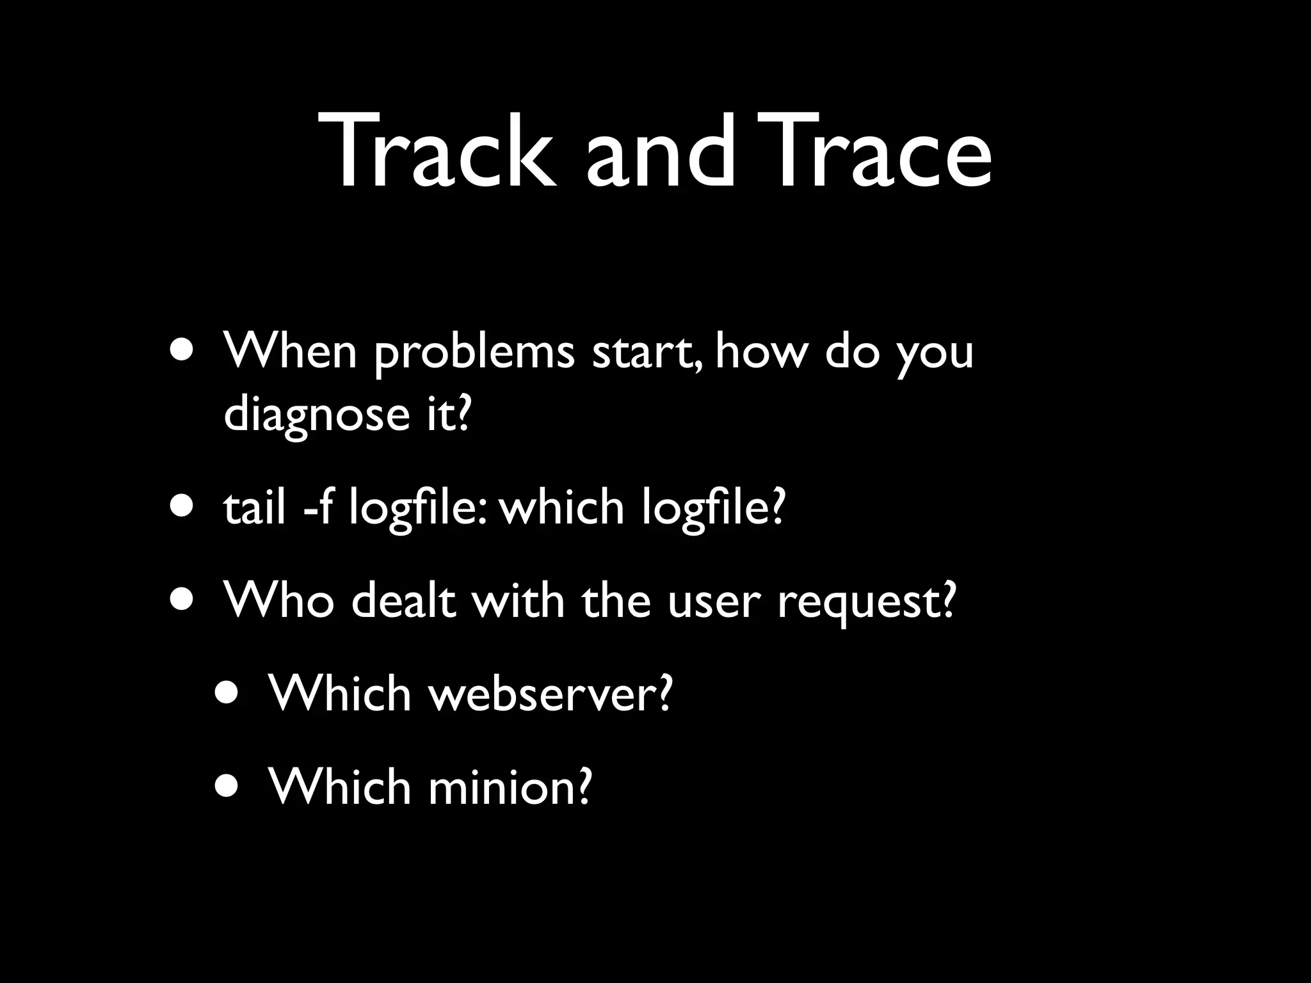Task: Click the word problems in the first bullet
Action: (x=474, y=354)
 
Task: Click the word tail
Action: (x=254, y=509)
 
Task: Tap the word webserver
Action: (x=551, y=694)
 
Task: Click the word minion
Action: (x=509, y=787)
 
